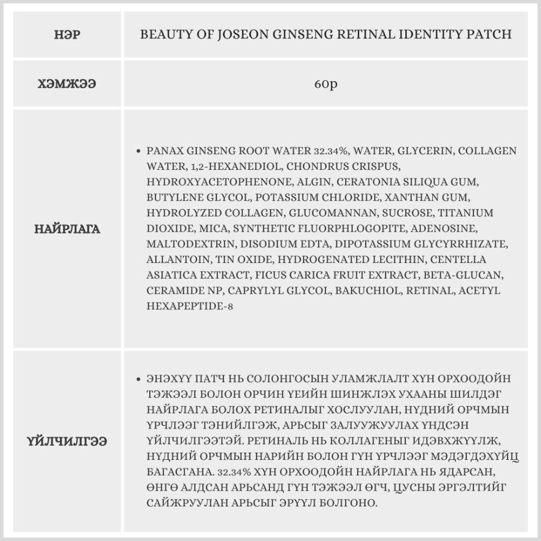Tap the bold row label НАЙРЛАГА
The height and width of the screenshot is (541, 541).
click(67, 229)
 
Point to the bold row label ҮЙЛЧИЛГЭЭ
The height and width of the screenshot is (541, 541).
click(67, 441)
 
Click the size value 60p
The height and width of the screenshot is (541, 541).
click(326, 85)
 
